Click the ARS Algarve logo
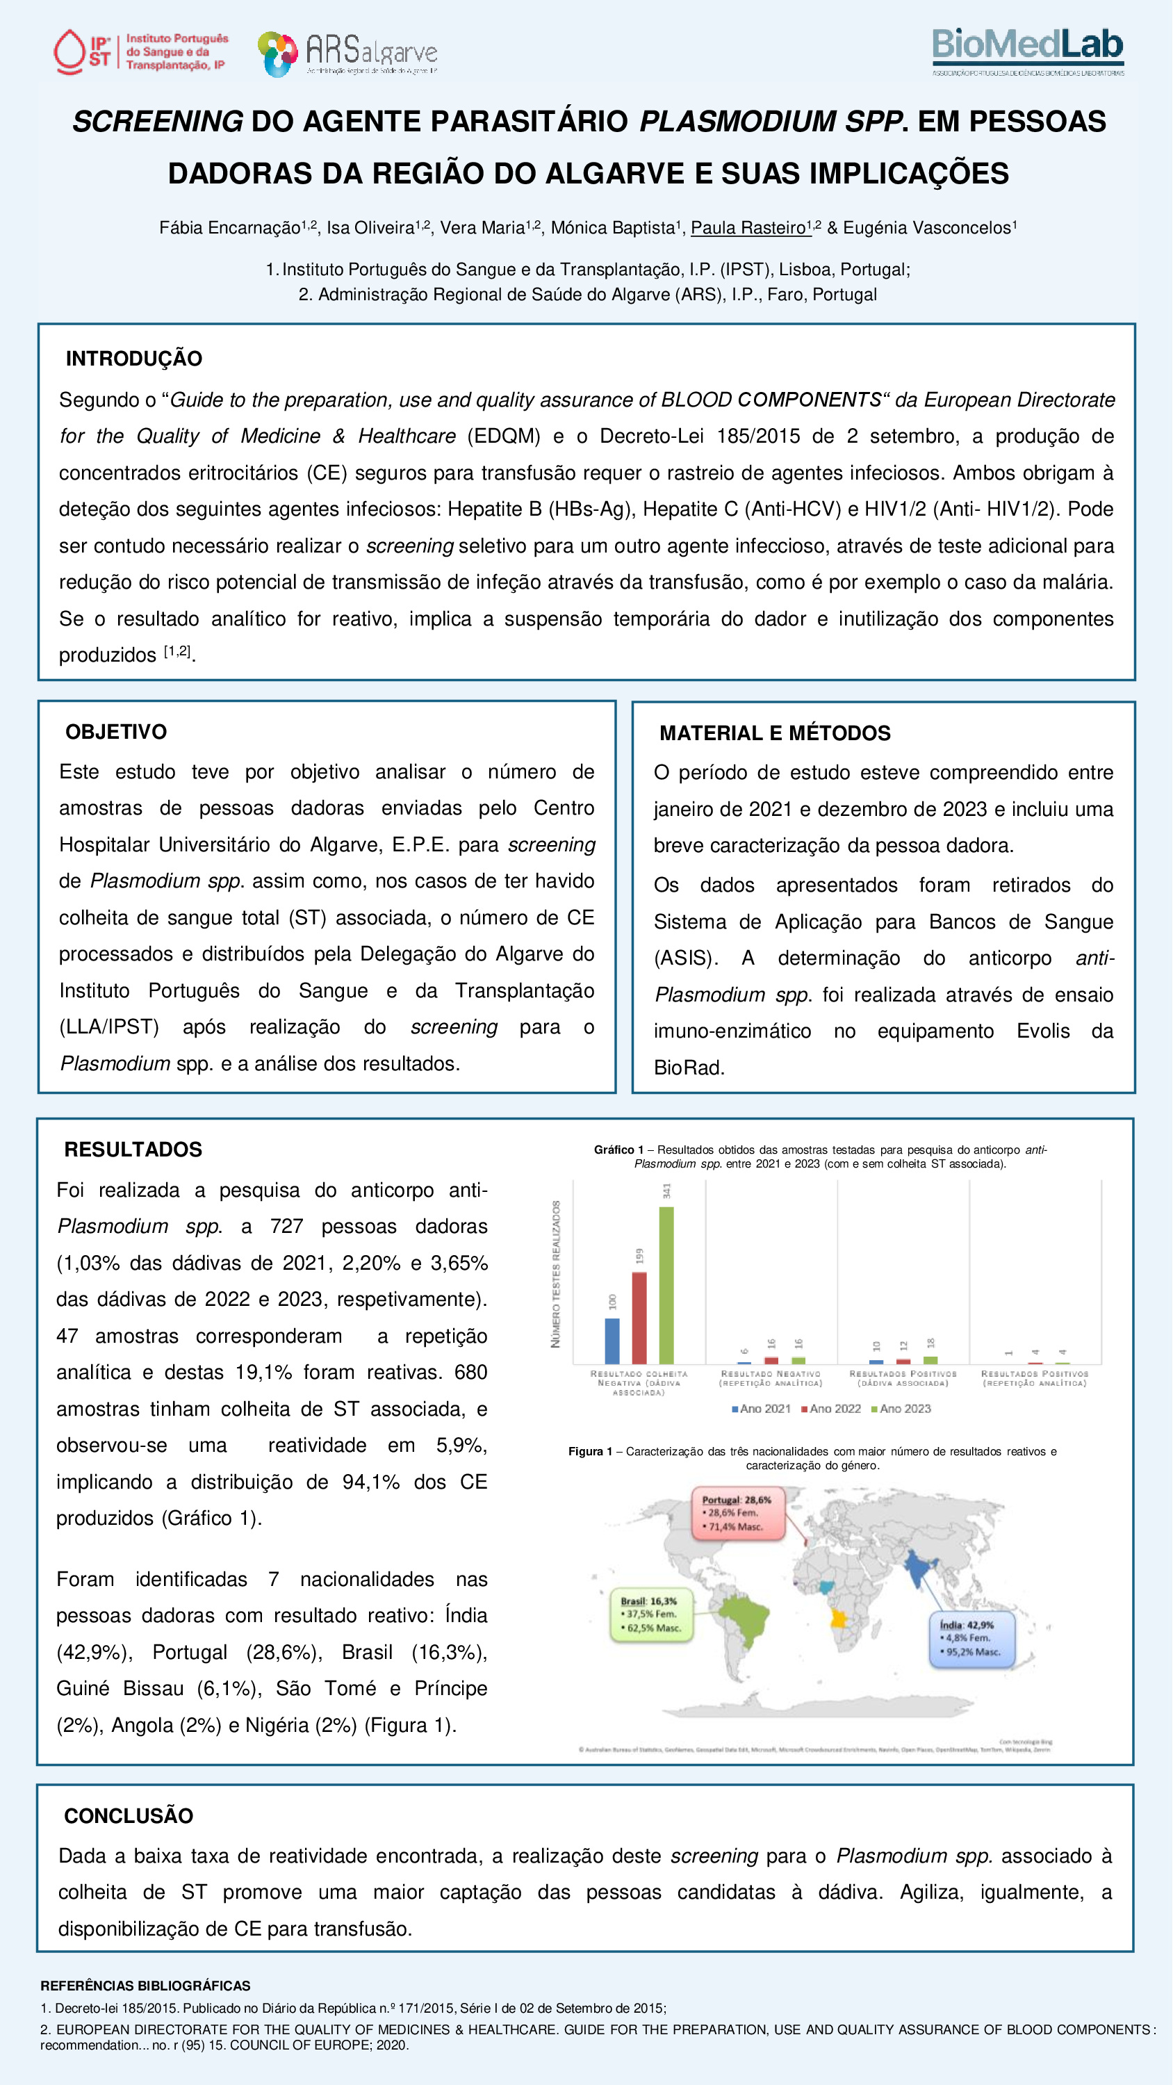coord(347,54)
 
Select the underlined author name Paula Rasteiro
coord(750,228)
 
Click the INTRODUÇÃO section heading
coord(133,359)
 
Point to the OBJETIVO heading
coord(116,732)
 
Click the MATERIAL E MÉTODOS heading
coord(775,733)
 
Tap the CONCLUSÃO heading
coord(128,1815)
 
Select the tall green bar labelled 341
coord(666,1284)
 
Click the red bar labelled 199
coord(639,1317)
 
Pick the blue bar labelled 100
coord(612,1341)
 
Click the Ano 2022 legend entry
coord(830,1409)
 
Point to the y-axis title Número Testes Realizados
coord(555,1274)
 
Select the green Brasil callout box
coord(649,1614)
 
